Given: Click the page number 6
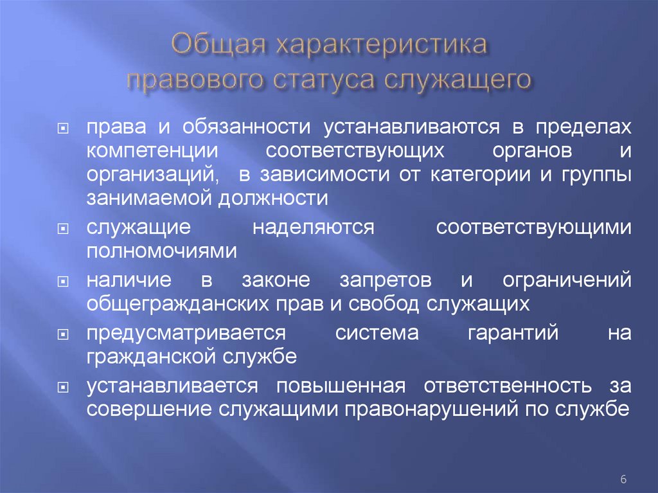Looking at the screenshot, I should (623, 480).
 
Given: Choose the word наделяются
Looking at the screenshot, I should (313, 228).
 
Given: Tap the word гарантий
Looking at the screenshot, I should (505, 333).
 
